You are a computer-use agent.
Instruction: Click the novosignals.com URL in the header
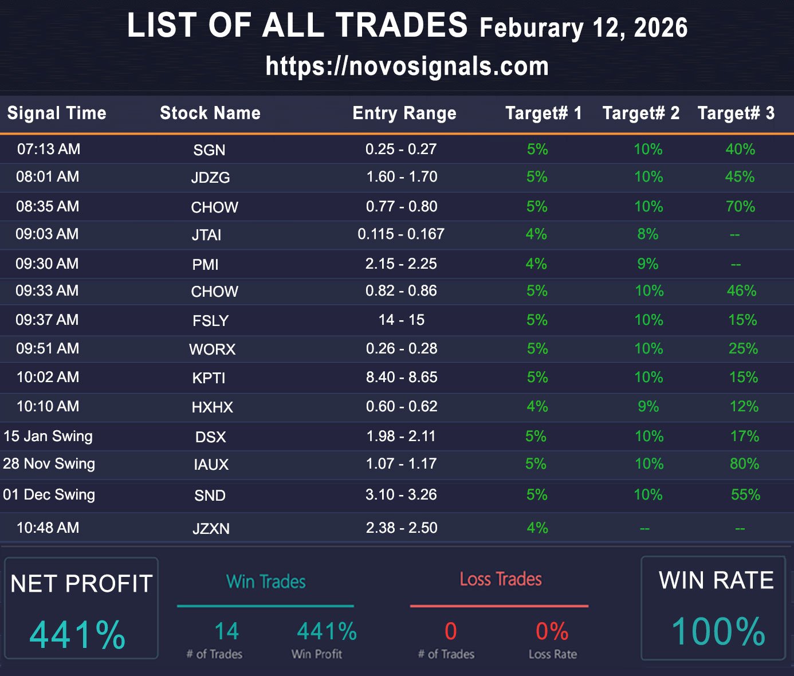tap(407, 66)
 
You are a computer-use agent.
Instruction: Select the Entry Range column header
tap(404, 113)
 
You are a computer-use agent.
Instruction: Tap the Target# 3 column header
tap(736, 113)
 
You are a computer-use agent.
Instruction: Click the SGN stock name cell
tap(209, 150)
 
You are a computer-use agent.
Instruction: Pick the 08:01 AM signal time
tap(48, 176)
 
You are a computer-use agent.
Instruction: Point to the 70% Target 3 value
tap(740, 206)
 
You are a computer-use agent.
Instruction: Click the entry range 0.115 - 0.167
tap(401, 234)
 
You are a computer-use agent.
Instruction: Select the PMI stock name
tap(205, 265)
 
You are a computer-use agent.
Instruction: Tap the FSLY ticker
tap(210, 321)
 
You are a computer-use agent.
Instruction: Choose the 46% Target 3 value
tap(741, 291)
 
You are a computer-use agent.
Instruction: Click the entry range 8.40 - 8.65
tap(402, 377)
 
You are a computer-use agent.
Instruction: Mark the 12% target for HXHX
tap(744, 407)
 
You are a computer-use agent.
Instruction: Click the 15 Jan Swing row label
tap(48, 436)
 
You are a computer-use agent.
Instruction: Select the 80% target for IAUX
tap(744, 463)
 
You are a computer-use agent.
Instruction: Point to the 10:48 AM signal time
tap(48, 528)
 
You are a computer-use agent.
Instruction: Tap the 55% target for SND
tap(745, 495)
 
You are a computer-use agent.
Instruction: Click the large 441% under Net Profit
tap(77, 635)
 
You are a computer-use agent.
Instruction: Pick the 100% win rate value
tap(718, 631)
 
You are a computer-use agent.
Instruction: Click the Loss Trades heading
tap(501, 579)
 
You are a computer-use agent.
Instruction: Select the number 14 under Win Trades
tap(226, 631)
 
